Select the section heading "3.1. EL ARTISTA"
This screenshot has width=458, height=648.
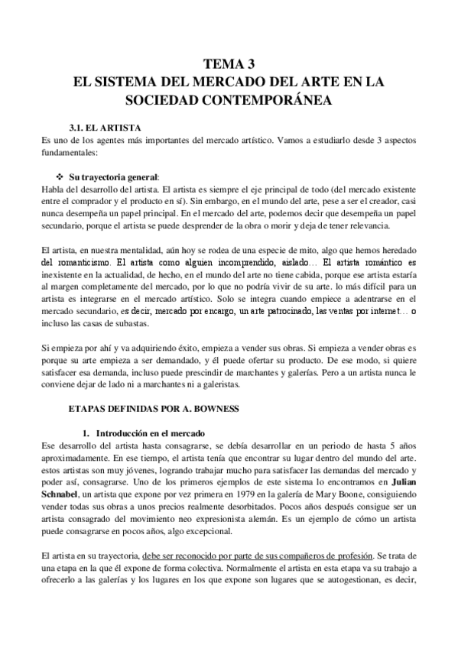[105, 128]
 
